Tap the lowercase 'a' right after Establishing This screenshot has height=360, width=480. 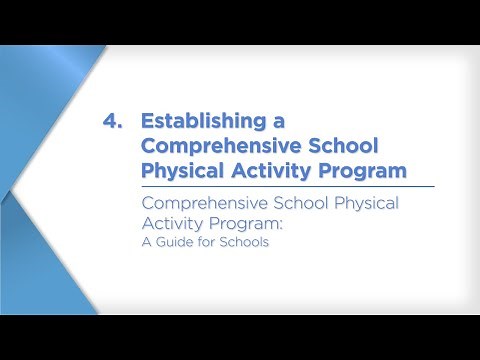(279, 122)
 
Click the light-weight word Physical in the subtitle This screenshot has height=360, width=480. (371, 203)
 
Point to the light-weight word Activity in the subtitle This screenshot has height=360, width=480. (173, 223)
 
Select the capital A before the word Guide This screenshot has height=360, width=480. (146, 241)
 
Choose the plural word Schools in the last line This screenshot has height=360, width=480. (246, 241)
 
